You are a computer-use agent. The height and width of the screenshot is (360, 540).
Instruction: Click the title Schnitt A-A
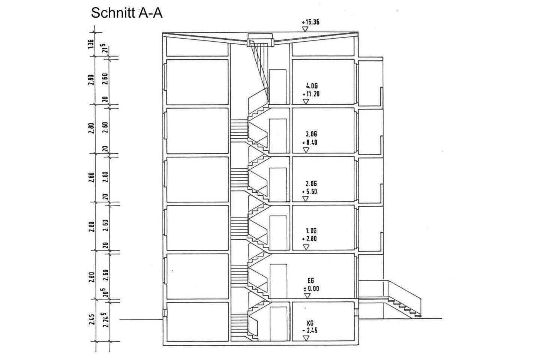point(127,13)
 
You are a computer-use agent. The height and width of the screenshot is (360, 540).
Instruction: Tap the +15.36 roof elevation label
point(311,22)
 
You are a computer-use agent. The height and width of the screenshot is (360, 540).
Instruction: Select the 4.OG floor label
point(312,86)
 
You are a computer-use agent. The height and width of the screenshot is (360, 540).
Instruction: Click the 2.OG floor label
point(311,184)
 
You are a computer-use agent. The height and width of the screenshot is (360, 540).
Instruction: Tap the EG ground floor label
point(310,280)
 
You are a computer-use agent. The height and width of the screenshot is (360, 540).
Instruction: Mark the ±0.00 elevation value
point(311,289)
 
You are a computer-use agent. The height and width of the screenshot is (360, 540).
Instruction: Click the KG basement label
point(310,323)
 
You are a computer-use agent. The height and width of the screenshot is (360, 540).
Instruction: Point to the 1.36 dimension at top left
point(90,44)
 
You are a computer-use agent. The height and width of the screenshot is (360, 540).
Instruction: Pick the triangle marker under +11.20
point(306,102)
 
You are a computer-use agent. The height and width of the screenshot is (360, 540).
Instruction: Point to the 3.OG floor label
point(311,134)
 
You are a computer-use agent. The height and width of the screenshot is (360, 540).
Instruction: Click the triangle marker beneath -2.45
point(306,338)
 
